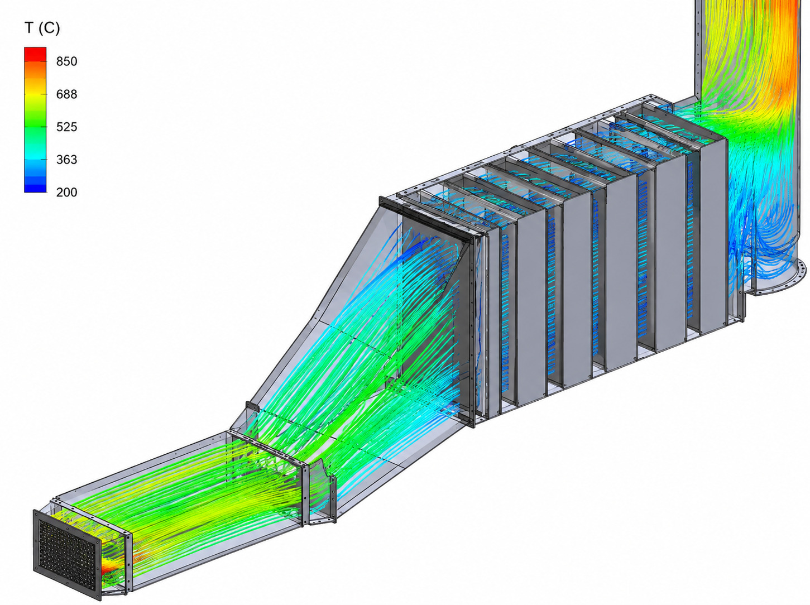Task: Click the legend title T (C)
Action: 42,28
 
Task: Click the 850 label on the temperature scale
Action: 67,61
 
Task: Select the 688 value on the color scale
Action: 67,94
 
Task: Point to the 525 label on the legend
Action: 67,127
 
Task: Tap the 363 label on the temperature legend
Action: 67,160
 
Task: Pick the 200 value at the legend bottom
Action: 67,192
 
